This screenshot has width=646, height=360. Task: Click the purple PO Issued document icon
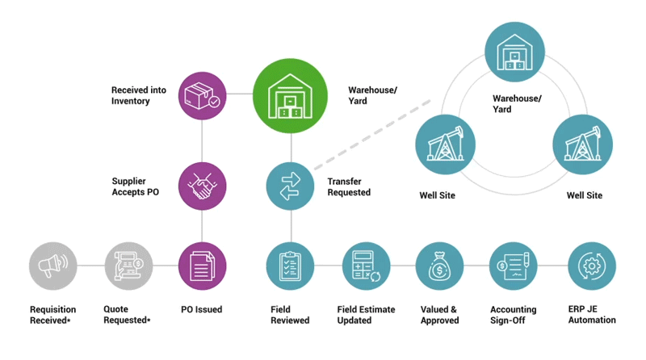pyautogui.click(x=201, y=266)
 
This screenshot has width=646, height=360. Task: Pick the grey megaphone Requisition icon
pyautogui.click(x=52, y=266)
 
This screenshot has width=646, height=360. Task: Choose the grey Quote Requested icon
pyautogui.click(x=127, y=266)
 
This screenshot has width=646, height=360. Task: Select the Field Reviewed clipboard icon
pyautogui.click(x=290, y=266)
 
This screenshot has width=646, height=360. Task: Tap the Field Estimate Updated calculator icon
pyautogui.click(x=365, y=266)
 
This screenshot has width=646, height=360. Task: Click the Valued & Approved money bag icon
pyautogui.click(x=439, y=266)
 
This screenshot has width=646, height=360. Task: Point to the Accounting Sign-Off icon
pyautogui.click(x=514, y=266)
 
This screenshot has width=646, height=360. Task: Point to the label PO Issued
pyautogui.click(x=201, y=309)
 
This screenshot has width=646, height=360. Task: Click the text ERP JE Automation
pyautogui.click(x=592, y=315)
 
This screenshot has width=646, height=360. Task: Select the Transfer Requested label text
pyautogui.click(x=349, y=187)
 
